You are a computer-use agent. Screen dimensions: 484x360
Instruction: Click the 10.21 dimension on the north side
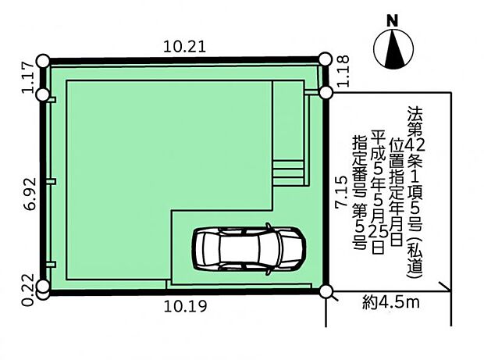click(x=184, y=47)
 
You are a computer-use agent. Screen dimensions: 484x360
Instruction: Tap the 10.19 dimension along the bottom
click(x=185, y=307)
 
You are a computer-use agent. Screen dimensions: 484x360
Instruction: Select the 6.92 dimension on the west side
click(x=31, y=194)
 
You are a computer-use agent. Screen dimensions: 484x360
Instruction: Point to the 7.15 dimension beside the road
click(x=342, y=192)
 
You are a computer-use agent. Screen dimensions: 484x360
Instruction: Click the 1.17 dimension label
click(x=27, y=77)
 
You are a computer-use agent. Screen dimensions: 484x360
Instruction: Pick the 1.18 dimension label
click(x=343, y=71)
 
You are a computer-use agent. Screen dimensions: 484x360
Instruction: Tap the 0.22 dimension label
click(x=27, y=290)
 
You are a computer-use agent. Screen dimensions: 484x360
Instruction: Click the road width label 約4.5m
click(x=391, y=303)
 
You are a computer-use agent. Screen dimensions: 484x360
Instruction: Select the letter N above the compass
click(x=393, y=21)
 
